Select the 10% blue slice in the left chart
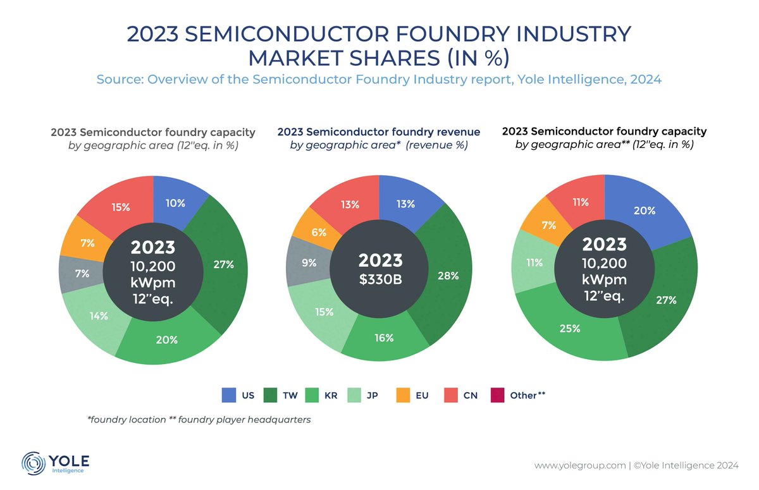(175, 203)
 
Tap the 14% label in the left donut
(98, 315)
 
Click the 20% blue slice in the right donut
(644, 211)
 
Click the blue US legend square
(229, 396)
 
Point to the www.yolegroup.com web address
(579, 465)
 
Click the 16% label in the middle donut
(383, 338)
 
